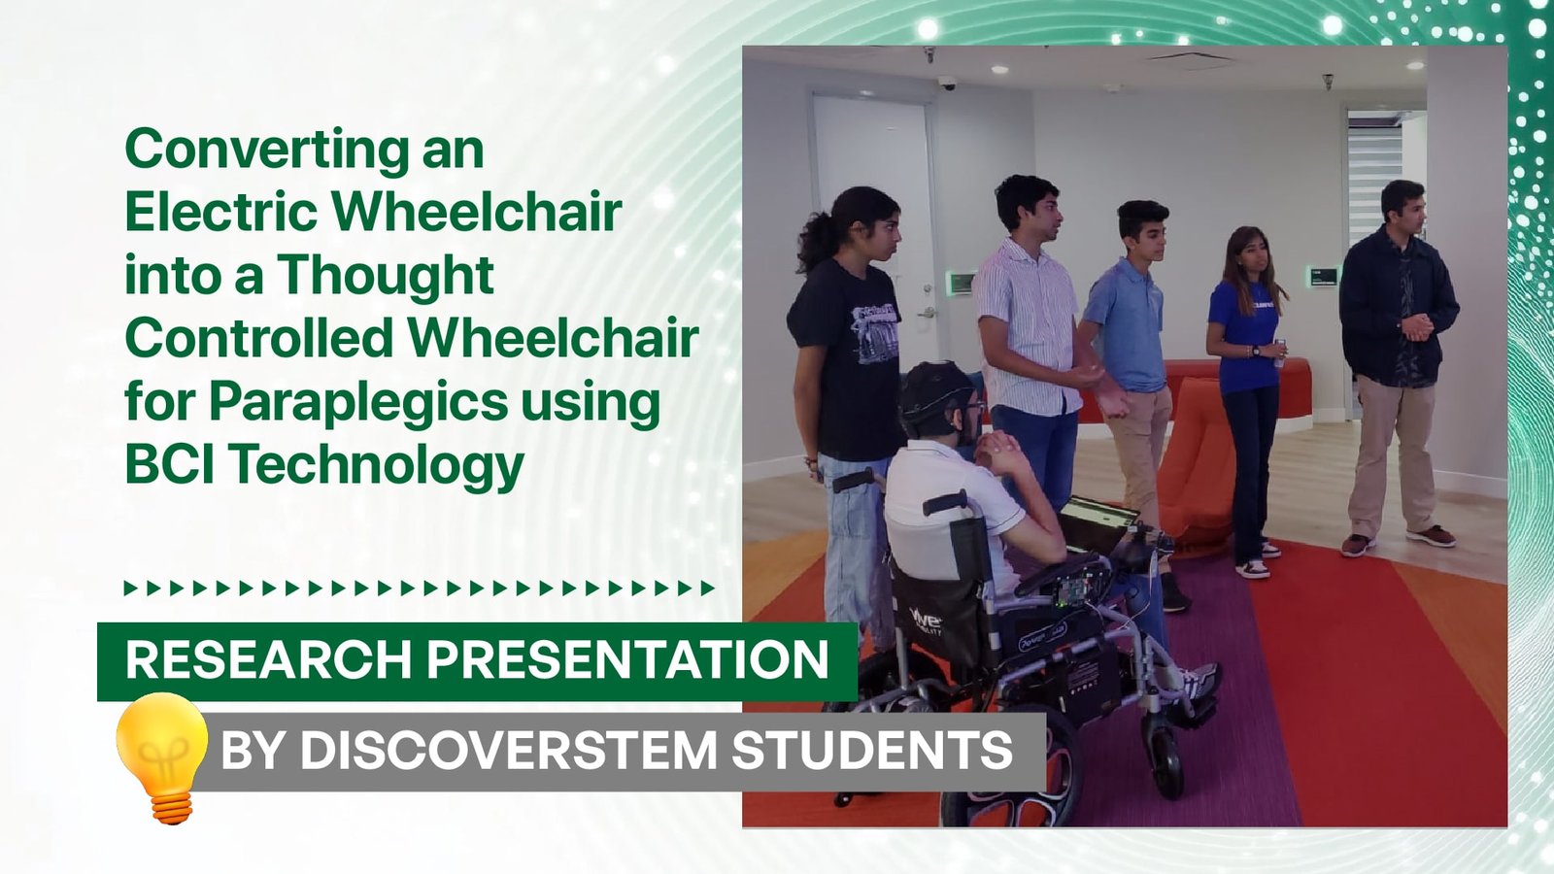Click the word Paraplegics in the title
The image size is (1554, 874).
point(358,402)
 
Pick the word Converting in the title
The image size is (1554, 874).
point(267,150)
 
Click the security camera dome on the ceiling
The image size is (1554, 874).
point(947,84)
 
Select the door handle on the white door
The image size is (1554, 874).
point(926,313)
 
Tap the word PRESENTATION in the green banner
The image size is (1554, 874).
point(627,659)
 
